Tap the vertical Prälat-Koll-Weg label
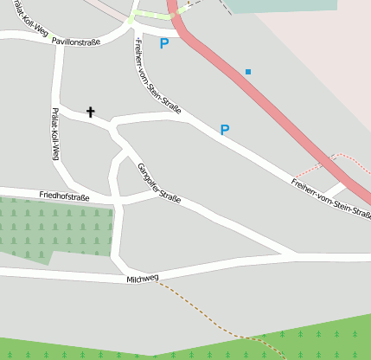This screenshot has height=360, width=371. point(54,135)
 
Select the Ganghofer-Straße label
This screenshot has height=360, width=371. point(159,183)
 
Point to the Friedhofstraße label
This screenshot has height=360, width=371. point(64,196)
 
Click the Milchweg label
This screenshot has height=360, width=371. point(143,280)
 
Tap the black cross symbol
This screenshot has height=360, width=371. point(91,112)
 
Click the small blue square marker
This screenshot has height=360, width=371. point(248,71)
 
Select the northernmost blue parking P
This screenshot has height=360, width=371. point(164,43)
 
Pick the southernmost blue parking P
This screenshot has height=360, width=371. point(225,131)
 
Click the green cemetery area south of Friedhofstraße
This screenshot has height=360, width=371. point(52,228)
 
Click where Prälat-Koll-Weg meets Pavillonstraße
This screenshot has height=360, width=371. point(58,38)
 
